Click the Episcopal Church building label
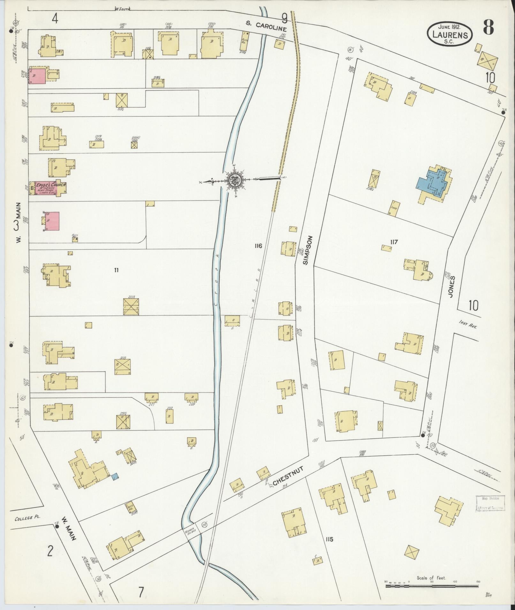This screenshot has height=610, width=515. (x=51, y=185)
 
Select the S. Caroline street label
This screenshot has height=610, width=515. (x=267, y=26)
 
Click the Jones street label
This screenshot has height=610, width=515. (x=451, y=287)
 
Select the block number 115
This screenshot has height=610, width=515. (x=329, y=539)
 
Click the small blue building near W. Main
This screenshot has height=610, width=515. (x=115, y=477)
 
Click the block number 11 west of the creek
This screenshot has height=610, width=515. (x=116, y=270)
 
